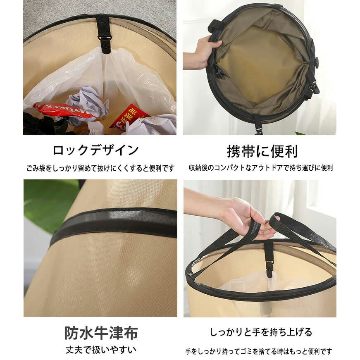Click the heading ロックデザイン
[x=96, y=150]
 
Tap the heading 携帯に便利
[x=262, y=151]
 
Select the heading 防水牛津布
[x=101, y=333]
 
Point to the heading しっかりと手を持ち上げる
[x=261, y=332]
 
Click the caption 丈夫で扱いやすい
[x=101, y=350]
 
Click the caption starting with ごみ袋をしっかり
[x=100, y=168]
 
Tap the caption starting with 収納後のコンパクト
[x=261, y=168]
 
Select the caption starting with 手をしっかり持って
[x=258, y=351]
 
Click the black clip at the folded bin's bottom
[x=258, y=125]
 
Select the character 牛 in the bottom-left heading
[x=101, y=333]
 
